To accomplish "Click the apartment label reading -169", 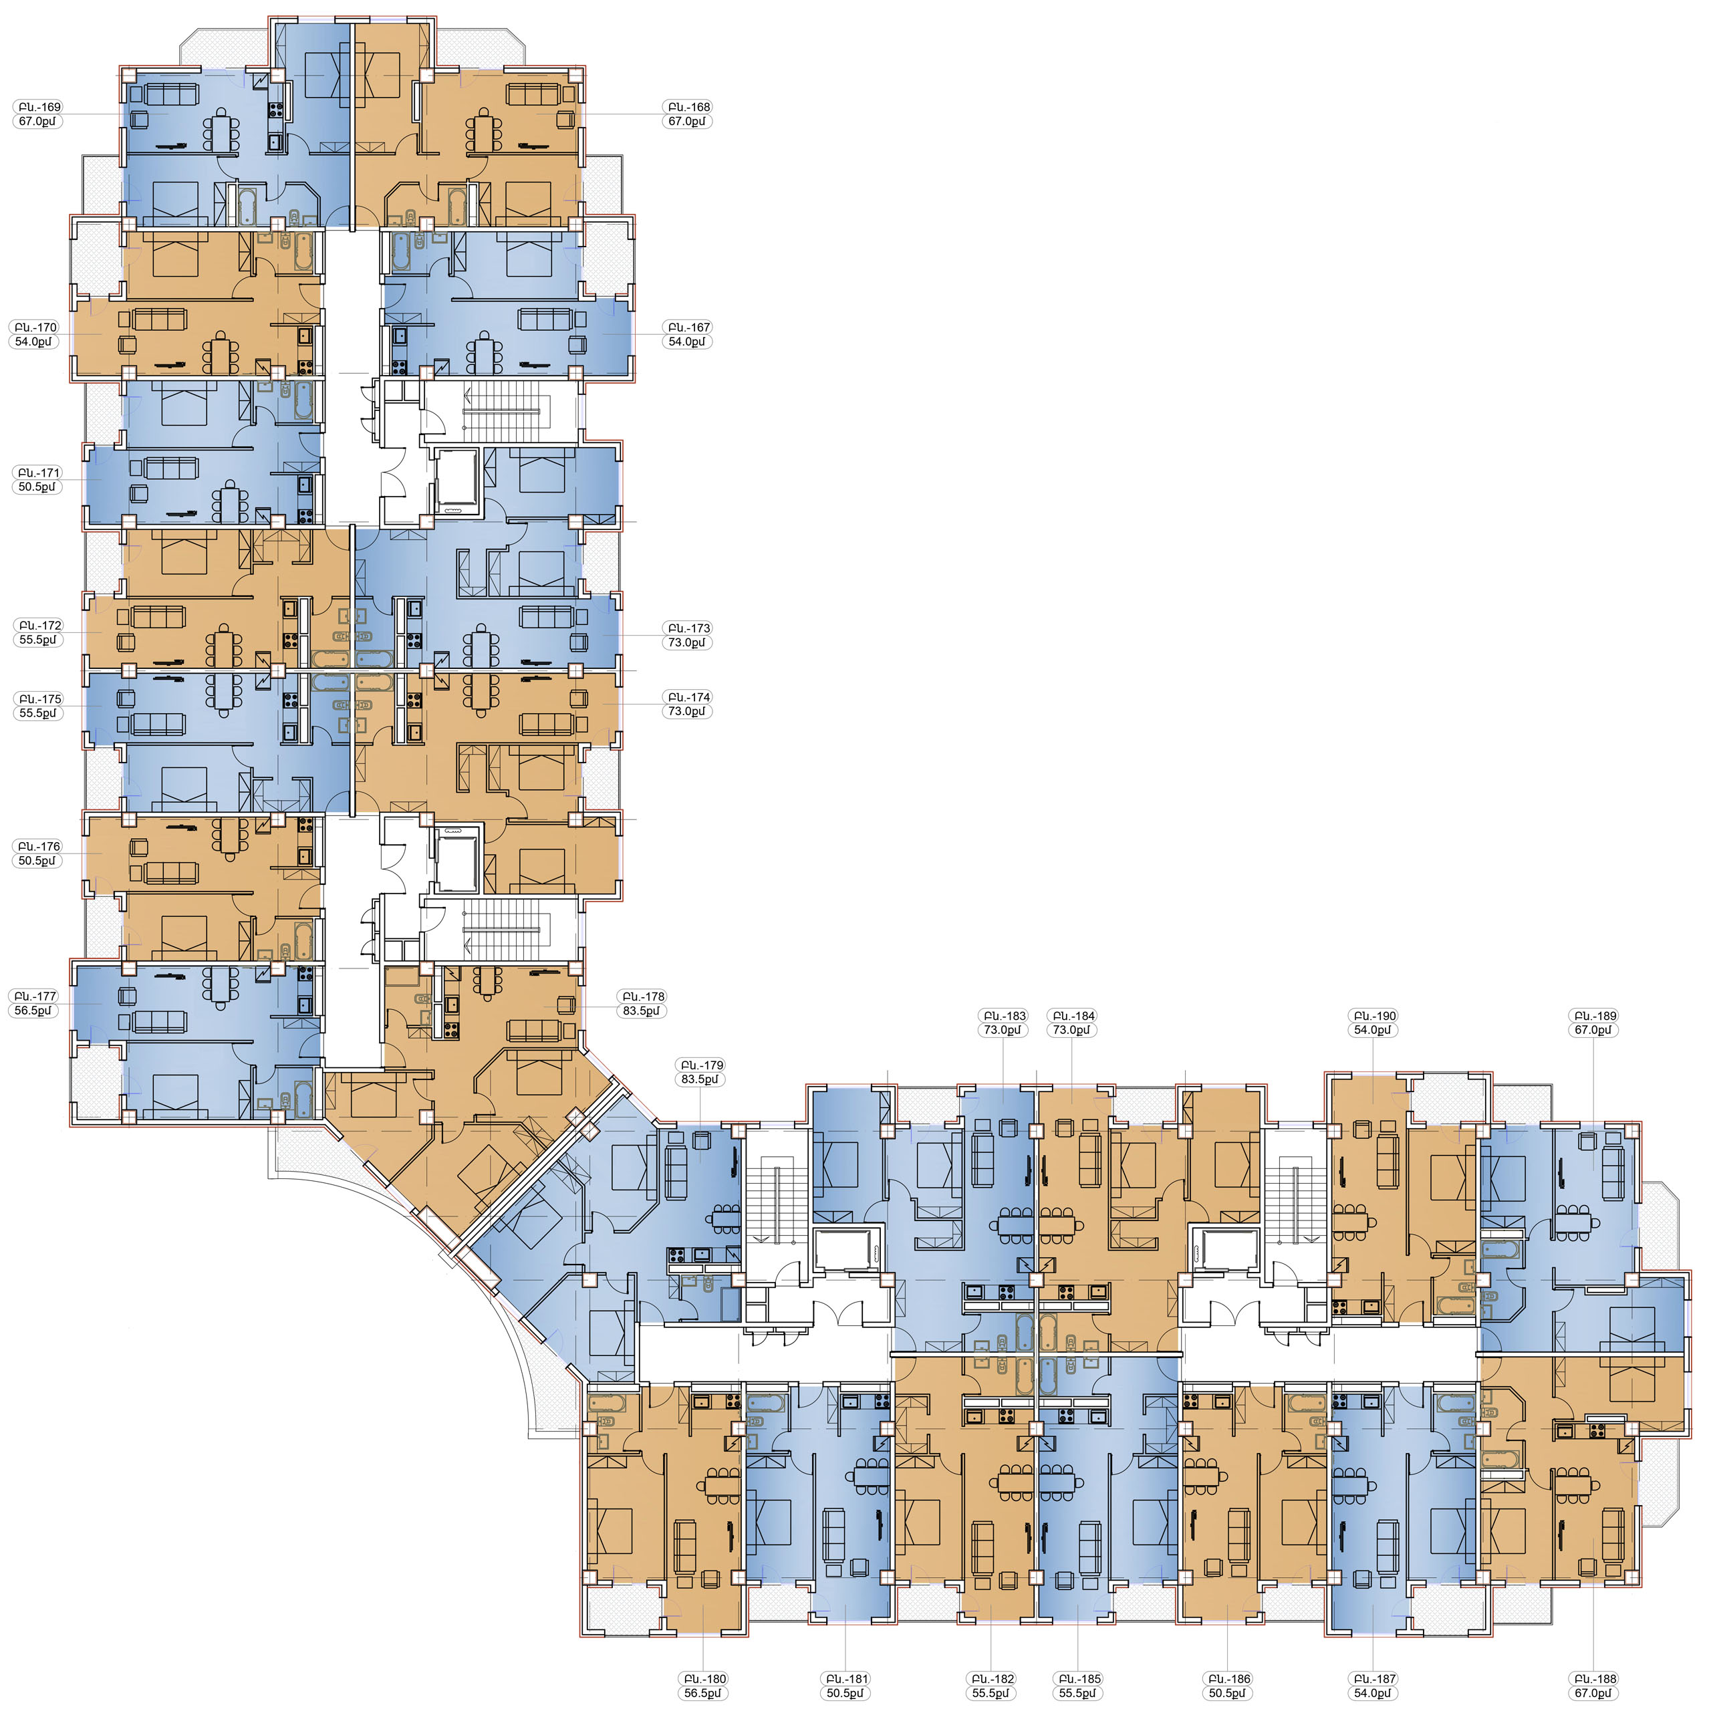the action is click(x=39, y=107).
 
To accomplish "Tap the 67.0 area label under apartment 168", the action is click(x=687, y=122).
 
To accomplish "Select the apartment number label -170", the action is click(x=35, y=327).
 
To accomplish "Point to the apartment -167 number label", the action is click(x=688, y=327).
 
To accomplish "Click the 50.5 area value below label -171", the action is click(x=37, y=487).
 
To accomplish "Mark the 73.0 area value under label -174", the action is click(x=687, y=711).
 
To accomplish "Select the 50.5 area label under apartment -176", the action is click(x=37, y=861).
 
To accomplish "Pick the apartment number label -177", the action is click(x=35, y=997).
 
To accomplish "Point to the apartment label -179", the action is click(x=700, y=1065).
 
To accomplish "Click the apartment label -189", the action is click(x=1593, y=1016).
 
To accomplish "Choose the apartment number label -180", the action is click(x=703, y=1679).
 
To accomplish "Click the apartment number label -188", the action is click(x=1593, y=1679).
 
